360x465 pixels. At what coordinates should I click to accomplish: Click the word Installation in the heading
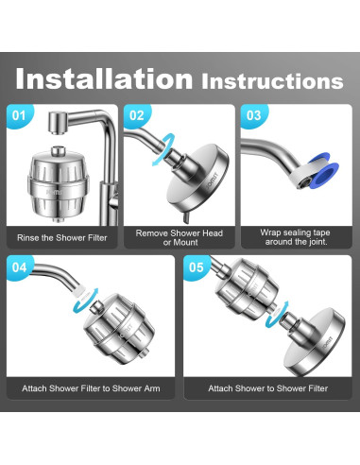pos(104,78)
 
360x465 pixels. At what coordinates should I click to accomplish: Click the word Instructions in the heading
pos(272,81)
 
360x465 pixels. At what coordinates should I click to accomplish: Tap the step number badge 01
pos(19,115)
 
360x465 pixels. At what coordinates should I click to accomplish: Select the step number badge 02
pos(136,115)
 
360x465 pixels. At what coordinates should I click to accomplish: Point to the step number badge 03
pos(253,115)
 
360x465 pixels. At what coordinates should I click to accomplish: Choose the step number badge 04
pos(19,267)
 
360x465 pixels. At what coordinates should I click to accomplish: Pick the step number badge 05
pos(196,267)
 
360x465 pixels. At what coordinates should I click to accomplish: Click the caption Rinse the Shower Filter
pos(62,237)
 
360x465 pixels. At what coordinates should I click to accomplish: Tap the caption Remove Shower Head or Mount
pos(180,237)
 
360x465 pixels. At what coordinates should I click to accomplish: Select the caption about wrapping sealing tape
pos(295,237)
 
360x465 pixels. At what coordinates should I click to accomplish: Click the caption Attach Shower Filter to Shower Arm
pos(91,388)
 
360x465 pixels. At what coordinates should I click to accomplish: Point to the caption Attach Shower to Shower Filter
pos(268,388)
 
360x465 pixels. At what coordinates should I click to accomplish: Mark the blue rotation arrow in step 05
pos(277,315)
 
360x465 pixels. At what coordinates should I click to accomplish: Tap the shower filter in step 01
pos(59,183)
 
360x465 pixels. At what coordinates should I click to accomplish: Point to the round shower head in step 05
pos(314,342)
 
